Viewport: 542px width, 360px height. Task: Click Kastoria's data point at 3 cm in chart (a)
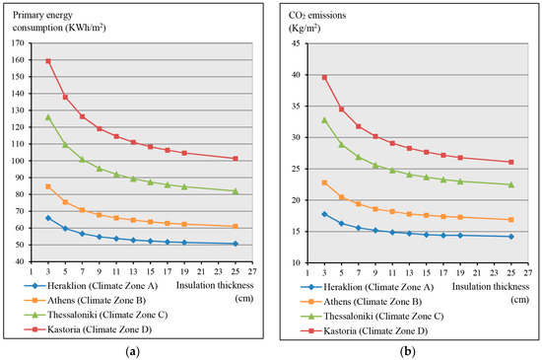[48, 61]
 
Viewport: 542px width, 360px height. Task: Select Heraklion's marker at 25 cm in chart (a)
[236, 244]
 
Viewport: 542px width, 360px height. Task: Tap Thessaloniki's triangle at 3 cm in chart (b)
[324, 120]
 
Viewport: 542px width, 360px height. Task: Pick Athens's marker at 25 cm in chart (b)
[511, 220]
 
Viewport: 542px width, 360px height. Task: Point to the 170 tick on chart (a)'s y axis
[19, 43]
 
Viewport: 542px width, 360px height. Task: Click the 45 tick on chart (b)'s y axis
[297, 43]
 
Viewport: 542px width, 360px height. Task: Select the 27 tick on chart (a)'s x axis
[252, 272]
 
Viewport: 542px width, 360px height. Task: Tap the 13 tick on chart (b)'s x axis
[409, 273]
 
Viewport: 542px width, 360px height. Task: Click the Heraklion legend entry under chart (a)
[91, 286]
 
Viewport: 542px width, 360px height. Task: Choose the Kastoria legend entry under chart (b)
[364, 331]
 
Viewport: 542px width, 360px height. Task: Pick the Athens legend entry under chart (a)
[85, 301]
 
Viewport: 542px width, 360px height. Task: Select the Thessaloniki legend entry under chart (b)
[372, 316]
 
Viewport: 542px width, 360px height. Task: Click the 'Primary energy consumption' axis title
[59, 22]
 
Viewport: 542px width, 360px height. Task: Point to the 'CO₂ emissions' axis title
[317, 22]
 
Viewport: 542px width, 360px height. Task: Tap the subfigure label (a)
[133, 352]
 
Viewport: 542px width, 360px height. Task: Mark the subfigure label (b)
[408, 352]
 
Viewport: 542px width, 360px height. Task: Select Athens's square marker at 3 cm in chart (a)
[48, 186]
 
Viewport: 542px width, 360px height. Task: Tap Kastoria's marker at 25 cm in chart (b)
[511, 162]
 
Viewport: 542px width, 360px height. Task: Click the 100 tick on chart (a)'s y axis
[19, 161]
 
